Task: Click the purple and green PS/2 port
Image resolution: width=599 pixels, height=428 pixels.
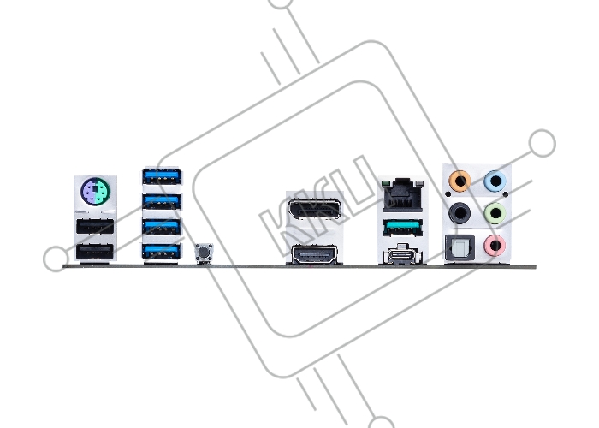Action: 96,191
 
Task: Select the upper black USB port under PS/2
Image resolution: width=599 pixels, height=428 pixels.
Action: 95,227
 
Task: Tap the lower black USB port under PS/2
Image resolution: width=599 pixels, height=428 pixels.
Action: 95,252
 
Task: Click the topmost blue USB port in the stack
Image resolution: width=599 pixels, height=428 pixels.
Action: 162,176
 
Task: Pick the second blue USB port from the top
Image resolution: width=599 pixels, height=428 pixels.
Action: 162,201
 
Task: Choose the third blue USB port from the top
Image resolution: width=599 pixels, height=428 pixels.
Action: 162,227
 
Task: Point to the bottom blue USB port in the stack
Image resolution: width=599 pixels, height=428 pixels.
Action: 162,252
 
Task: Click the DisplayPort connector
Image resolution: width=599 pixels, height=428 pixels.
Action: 315,209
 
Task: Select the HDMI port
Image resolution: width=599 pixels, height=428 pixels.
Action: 315,254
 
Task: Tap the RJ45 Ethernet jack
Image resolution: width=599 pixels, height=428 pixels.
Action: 403,195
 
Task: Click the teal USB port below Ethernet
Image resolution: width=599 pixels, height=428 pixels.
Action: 403,229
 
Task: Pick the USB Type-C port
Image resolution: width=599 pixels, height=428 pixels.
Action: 403,255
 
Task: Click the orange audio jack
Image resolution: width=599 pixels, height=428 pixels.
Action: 460,181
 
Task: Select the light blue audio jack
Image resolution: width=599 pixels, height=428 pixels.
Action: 495,181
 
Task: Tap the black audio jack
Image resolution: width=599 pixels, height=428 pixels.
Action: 460,213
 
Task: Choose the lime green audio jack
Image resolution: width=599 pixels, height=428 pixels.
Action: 495,213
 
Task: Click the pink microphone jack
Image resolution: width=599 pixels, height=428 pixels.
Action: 495,246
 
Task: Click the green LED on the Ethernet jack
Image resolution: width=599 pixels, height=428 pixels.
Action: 385,184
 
